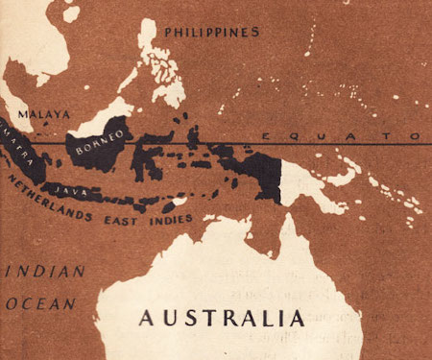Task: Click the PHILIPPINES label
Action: (211, 33)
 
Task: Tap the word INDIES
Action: (171, 220)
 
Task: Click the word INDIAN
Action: (34, 271)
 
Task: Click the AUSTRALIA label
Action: (222, 317)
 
